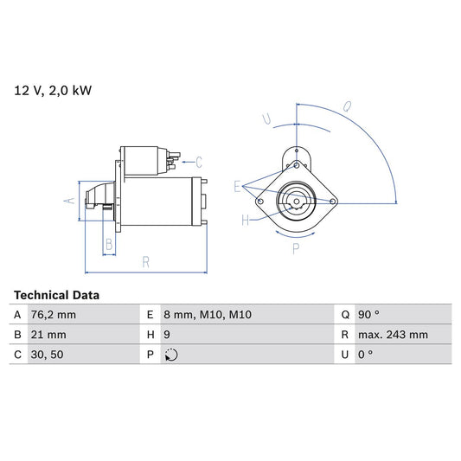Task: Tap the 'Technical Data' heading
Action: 56,295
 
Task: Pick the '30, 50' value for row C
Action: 48,355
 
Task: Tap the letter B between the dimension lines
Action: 108,245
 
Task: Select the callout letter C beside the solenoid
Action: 198,161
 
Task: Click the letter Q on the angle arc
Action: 346,108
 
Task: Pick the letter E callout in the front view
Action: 237,184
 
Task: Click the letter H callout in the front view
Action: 246,221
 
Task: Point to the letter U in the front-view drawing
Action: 267,118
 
